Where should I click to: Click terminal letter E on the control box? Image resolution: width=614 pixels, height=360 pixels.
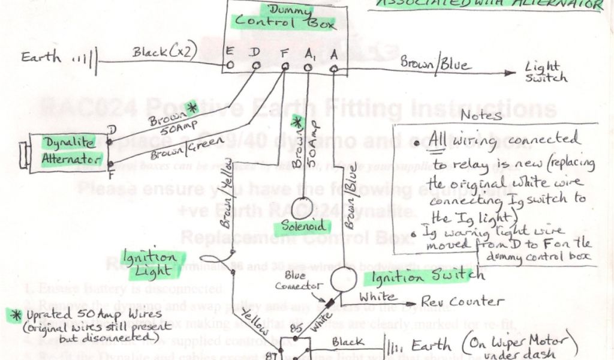[229, 51]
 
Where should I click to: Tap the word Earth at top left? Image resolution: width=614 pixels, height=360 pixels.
[41, 57]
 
